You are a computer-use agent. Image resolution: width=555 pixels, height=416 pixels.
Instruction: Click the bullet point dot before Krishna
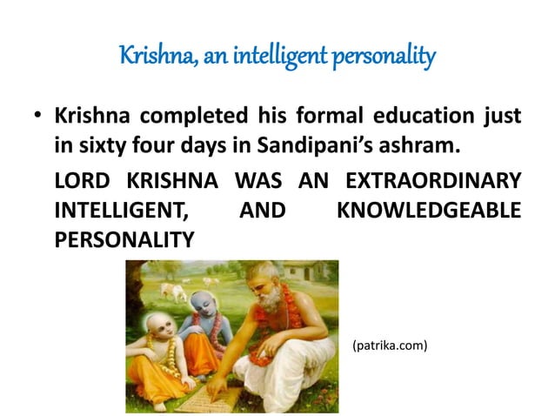[x=38, y=116]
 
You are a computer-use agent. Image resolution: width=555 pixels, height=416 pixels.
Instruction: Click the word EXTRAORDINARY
[x=434, y=182]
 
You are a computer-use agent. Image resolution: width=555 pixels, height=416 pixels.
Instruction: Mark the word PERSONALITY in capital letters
[x=124, y=238]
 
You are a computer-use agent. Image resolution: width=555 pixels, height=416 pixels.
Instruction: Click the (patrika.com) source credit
[x=391, y=346]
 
